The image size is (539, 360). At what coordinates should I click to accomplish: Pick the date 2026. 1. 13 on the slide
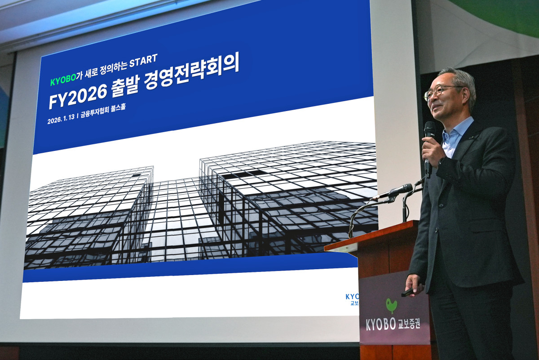tap(61, 120)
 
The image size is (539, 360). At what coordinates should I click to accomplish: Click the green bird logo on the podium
tap(391, 305)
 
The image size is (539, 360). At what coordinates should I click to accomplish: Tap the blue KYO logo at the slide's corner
tap(352, 297)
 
